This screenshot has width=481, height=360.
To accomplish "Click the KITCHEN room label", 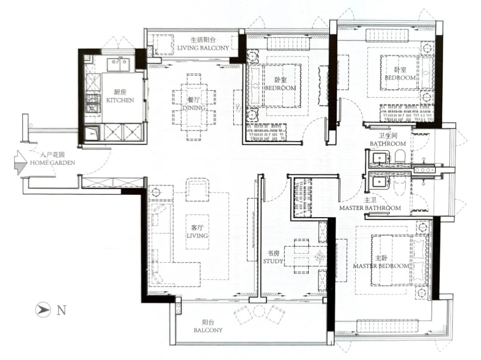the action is point(120,100).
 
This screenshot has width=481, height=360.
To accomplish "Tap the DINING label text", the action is point(194,108).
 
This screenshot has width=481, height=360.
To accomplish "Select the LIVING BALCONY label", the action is point(203,48).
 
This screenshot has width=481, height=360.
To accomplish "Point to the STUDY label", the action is point(273,261).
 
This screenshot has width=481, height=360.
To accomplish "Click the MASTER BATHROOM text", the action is point(370,208).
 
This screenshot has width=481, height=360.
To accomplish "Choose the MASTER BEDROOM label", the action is point(381,266).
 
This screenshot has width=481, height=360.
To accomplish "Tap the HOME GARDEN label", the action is point(53,162).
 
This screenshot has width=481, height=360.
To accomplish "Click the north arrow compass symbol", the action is point(43,310).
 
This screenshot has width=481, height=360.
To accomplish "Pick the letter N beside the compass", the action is point(61,310).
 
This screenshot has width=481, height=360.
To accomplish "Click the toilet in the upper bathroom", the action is point(400,156).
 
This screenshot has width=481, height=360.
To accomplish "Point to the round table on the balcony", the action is point(259,311).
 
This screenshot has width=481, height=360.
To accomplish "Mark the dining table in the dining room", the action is point(194,107).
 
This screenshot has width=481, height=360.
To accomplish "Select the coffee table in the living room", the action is point(197,232).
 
